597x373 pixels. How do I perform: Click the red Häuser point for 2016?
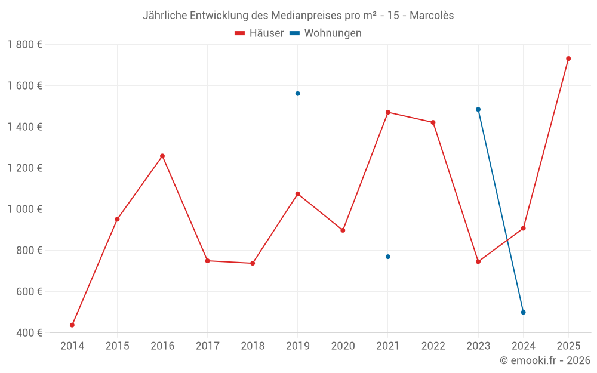click(162, 156)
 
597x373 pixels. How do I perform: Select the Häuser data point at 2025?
click(568, 58)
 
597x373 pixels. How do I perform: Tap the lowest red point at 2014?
click(72, 325)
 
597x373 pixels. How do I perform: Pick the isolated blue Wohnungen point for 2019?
click(297, 94)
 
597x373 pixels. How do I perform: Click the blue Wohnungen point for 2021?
click(388, 257)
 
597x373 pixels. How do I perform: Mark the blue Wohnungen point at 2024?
click(523, 312)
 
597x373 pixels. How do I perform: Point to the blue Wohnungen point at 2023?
click(478, 109)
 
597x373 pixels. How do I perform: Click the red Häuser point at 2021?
click(388, 112)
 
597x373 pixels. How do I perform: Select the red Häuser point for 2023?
click(478, 261)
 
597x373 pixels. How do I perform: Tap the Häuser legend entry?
click(260, 33)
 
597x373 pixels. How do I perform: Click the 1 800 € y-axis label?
click(24, 45)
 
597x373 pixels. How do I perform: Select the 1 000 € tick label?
click(24, 209)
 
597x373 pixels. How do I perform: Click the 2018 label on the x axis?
click(253, 346)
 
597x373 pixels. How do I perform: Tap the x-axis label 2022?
click(433, 346)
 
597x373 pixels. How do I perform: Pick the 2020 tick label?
click(343, 346)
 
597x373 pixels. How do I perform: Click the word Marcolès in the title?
click(432, 16)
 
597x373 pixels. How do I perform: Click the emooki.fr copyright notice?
click(545, 360)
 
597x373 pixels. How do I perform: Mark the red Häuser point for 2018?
click(253, 263)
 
